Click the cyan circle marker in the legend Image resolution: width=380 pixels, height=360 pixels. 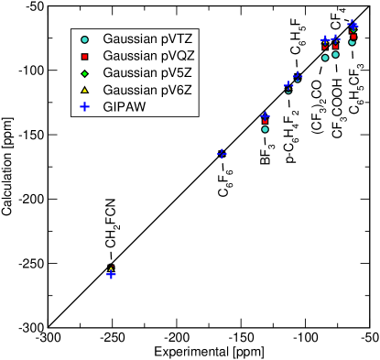(84, 39)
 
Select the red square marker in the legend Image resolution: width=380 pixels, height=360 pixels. (84, 56)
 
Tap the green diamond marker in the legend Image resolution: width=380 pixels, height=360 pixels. (84, 73)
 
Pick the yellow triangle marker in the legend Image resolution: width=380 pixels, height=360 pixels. (84, 90)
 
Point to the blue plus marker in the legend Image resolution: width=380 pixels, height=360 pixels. (84, 106)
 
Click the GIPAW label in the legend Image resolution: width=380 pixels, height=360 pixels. (125, 106)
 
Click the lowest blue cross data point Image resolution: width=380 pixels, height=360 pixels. (111, 274)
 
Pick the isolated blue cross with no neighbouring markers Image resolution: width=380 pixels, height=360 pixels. (222, 154)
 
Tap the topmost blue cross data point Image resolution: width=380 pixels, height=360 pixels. (353, 26)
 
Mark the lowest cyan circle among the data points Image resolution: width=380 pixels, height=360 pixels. (265, 129)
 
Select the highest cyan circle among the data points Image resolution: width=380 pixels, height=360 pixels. (352, 41)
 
